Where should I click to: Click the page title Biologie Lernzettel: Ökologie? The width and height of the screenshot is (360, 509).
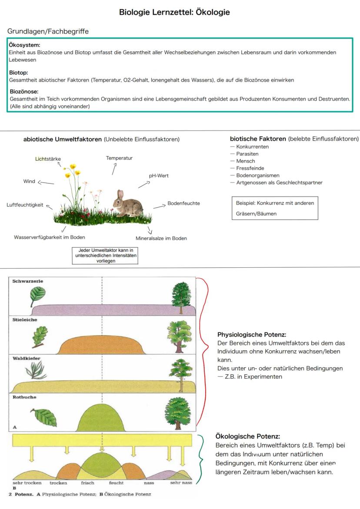[x=174, y=13]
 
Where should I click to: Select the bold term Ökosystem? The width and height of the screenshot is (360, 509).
[x=25, y=45]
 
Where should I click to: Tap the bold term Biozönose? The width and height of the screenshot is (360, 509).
[x=24, y=92]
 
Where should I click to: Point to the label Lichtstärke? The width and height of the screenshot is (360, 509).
[x=48, y=159]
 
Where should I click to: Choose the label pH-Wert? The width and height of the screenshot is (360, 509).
[x=159, y=176]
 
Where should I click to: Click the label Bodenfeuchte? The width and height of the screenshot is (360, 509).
[x=183, y=203]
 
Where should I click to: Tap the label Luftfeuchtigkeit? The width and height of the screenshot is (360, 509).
[x=25, y=205]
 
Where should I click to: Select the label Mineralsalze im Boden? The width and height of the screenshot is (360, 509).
[x=161, y=238]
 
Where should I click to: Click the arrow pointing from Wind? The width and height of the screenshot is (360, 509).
[x=46, y=183]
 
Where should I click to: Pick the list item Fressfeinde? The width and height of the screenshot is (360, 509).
[x=250, y=168]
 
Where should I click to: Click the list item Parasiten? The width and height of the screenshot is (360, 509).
[x=247, y=154]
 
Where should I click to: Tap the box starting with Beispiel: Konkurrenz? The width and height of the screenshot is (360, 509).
[x=274, y=208]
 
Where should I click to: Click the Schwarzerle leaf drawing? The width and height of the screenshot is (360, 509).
[x=37, y=298]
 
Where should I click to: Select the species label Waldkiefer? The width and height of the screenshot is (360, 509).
[x=25, y=359]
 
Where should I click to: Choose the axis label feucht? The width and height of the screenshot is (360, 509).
[x=116, y=483]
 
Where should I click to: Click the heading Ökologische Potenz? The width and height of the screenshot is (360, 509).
[x=248, y=436]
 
